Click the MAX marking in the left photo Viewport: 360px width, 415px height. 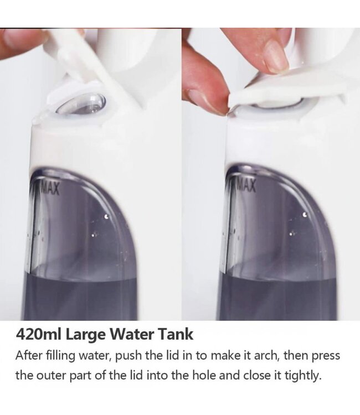[x=49, y=188]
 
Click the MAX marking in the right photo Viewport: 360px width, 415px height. [x=246, y=185]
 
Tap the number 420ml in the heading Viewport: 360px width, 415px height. [x=39, y=334]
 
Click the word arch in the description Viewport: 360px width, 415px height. [x=266, y=355]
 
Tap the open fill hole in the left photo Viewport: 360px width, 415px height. [x=82, y=103]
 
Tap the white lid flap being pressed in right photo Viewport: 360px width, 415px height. [x=286, y=89]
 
